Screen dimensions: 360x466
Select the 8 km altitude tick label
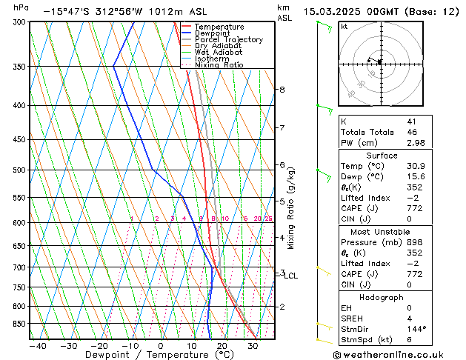click(282, 90)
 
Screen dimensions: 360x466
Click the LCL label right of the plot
click(291, 276)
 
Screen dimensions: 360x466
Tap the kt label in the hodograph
click(344, 27)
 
